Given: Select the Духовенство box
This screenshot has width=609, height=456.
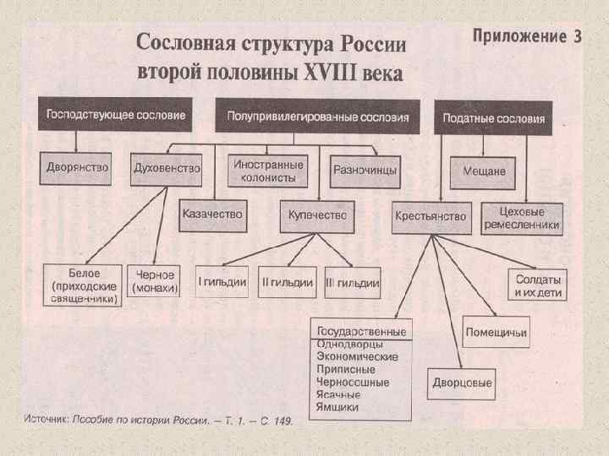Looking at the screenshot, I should click(167, 169).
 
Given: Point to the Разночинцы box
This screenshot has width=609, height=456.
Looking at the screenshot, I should click(365, 170).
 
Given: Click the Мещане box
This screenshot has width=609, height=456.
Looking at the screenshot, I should click(485, 171).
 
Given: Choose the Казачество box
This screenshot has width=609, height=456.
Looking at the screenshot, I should click(212, 214).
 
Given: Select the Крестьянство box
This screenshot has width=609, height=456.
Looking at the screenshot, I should click(430, 217).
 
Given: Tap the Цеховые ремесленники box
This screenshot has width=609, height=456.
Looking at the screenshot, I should click(522, 218).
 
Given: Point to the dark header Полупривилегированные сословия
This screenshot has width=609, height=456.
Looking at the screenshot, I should click(317, 117).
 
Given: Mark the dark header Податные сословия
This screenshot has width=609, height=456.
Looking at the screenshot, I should click(493, 118).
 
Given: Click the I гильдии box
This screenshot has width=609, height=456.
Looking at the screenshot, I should click(222, 282).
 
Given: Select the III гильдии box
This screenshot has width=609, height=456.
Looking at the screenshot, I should click(352, 282).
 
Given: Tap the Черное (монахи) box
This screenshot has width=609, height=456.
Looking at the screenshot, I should click(154, 281).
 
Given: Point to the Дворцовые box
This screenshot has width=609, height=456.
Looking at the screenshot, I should click(462, 383).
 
